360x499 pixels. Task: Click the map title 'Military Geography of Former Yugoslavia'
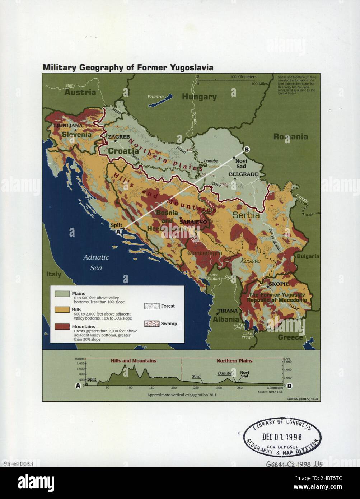pos(128,67)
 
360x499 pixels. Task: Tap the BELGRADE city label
pos(243,174)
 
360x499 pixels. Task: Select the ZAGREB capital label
pos(119,137)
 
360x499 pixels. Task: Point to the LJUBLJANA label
pos(68,126)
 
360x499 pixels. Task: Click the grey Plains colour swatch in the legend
pos(62,294)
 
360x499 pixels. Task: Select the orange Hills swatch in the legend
pos(62,310)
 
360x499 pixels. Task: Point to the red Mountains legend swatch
pos(62,327)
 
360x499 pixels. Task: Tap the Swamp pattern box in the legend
pos(151,323)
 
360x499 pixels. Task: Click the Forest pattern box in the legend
pos(151,306)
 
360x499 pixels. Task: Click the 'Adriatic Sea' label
pos(96,262)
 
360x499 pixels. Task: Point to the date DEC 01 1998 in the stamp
pos(282,437)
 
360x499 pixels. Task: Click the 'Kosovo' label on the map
pos(250,261)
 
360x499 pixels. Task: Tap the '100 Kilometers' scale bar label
pos(243,77)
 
